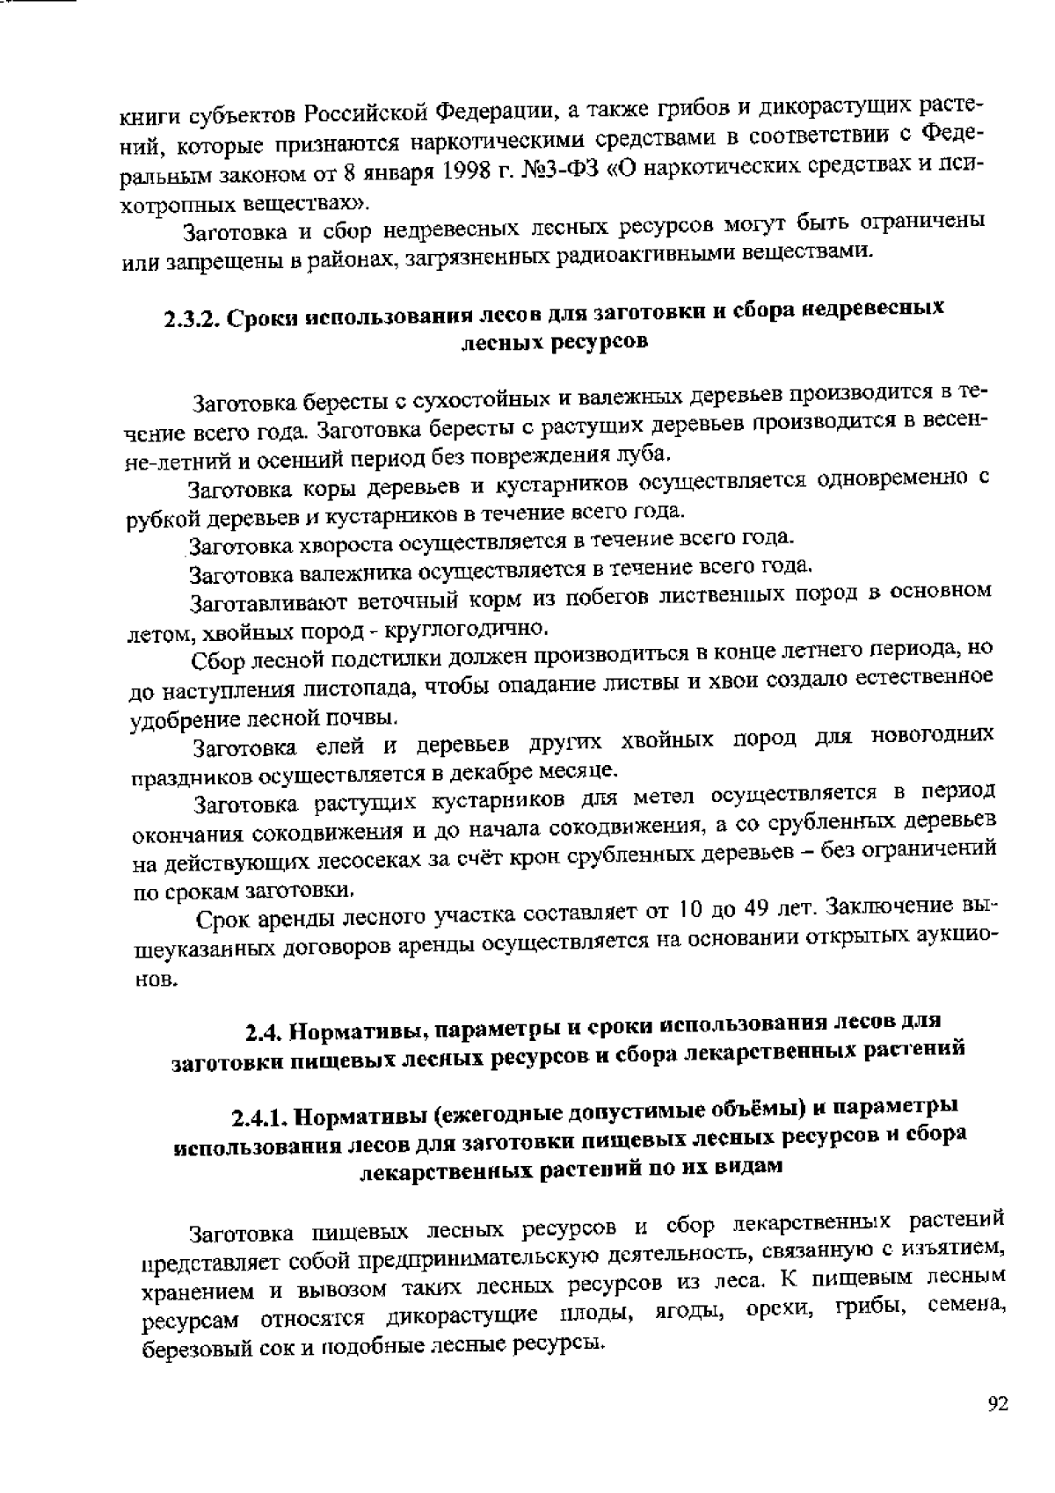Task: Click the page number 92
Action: [x=997, y=1404]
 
